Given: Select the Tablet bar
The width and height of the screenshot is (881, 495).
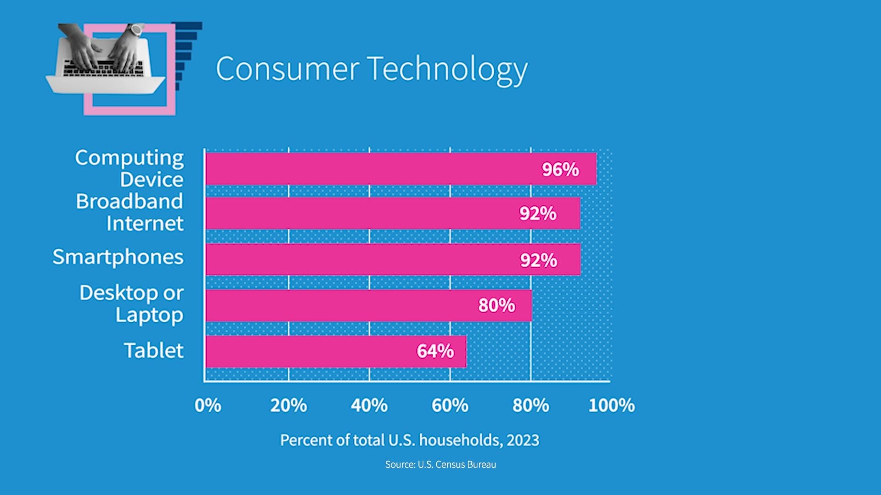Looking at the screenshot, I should point(321,352).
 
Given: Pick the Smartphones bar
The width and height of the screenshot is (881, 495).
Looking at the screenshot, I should point(367,259).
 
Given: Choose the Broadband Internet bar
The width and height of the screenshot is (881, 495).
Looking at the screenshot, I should point(367,213).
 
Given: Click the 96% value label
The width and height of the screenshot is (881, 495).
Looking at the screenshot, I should point(560,170).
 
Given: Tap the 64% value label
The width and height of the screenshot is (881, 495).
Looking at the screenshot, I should point(435,351).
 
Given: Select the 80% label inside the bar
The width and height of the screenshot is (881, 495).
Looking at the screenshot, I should point(496,305).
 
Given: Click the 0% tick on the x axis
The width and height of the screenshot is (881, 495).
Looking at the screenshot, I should point(208,406).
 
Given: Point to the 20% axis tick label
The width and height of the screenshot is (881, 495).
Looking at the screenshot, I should point(288,406).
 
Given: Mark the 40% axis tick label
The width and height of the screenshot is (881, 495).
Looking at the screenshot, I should point(369,406).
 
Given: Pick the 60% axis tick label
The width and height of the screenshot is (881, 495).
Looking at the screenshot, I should point(450,406).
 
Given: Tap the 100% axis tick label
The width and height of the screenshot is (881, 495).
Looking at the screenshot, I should point(611,406).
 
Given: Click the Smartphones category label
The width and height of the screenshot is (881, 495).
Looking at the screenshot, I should point(118,257).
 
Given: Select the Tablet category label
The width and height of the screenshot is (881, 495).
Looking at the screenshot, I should point(154,351).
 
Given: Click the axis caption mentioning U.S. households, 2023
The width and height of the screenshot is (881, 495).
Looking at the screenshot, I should point(409,440).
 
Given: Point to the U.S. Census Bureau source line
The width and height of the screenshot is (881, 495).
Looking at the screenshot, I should point(440,465).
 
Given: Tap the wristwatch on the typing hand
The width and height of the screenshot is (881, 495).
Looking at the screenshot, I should point(136,30).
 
